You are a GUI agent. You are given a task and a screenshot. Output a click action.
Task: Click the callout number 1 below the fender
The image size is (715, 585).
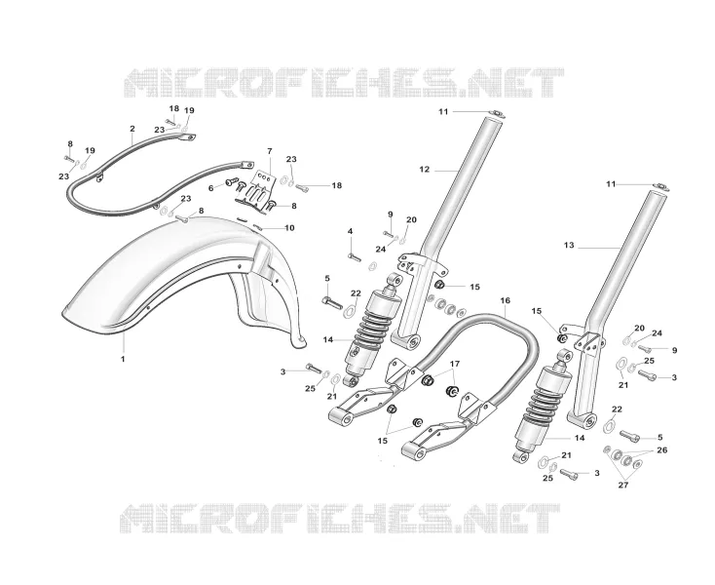point(123,359)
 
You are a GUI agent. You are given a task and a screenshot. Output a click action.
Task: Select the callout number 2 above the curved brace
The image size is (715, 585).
point(132,129)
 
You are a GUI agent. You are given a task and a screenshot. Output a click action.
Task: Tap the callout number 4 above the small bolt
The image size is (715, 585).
point(351,231)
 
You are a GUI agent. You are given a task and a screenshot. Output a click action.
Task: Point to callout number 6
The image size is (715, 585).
point(210,188)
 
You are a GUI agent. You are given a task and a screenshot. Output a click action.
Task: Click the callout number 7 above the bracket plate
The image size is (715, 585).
point(270,151)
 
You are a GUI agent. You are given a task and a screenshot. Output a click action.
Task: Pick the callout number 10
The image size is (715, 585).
point(289,228)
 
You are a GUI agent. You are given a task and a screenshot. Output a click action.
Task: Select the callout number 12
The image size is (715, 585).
point(425,170)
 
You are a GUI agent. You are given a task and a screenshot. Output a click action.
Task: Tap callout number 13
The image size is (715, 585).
point(569,246)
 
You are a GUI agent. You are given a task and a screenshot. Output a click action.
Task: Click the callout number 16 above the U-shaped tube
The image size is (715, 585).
point(506,300)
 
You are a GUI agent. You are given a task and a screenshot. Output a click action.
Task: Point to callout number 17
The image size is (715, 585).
point(455,364)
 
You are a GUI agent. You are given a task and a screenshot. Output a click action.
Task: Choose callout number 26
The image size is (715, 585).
point(662,450)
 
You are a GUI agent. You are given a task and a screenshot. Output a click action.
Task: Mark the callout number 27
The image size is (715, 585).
point(622,486)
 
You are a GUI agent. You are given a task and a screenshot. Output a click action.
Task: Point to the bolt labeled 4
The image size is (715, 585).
point(355,257)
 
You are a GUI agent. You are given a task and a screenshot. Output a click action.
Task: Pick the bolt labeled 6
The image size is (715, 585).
point(230,183)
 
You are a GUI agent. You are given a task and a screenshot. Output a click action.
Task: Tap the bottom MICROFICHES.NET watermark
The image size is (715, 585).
point(340,519)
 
